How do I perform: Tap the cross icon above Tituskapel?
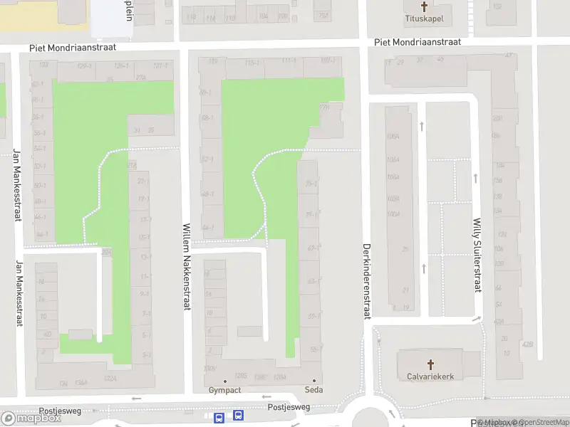point(425,6)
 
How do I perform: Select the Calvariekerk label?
point(430,376)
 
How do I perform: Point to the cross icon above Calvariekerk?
point(430,363)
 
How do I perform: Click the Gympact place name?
point(225,390)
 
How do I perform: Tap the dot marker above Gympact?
point(225,381)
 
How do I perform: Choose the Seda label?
point(313,390)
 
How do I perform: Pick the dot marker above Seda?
point(313,381)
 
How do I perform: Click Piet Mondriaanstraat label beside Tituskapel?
point(418,42)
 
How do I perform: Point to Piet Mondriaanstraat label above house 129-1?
point(72,48)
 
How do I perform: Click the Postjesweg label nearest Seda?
point(289,407)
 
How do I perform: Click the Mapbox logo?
point(31,418)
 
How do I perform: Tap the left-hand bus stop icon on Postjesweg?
point(219,416)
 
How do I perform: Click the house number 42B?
point(527,344)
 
